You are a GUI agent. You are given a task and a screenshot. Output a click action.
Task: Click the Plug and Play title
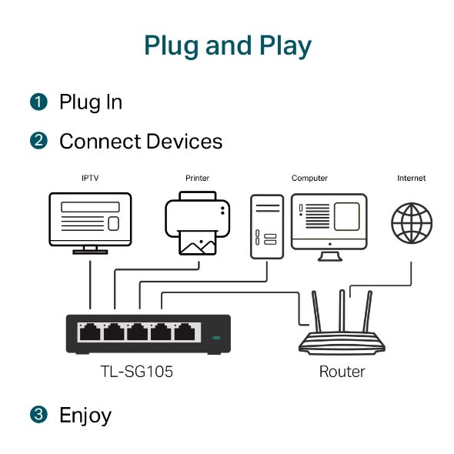pyautogui.click(x=227, y=45)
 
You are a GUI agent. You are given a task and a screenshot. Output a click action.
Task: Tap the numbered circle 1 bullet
pyautogui.click(x=38, y=102)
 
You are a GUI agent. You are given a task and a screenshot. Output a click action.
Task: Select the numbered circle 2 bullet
pyautogui.click(x=38, y=142)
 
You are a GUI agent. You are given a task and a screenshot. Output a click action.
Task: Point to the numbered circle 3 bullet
pyautogui.click(x=38, y=416)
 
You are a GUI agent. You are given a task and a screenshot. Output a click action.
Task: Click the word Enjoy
pyautogui.click(x=85, y=416)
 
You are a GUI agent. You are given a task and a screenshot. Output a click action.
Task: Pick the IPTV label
pyautogui.click(x=90, y=179)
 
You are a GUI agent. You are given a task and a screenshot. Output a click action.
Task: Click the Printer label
pyautogui.click(x=197, y=179)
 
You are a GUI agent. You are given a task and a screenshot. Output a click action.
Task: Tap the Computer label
pyautogui.click(x=309, y=179)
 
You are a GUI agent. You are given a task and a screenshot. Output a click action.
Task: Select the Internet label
pyautogui.click(x=411, y=179)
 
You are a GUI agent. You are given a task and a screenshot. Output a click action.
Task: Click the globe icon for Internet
pyautogui.click(x=411, y=222)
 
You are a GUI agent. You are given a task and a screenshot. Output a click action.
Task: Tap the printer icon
pyautogui.click(x=197, y=224)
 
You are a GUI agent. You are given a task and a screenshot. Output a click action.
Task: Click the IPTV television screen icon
pyautogui.click(x=90, y=219)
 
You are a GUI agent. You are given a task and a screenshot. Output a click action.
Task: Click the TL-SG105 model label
pyautogui.click(x=137, y=372)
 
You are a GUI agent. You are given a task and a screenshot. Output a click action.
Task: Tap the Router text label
pyautogui.click(x=342, y=372)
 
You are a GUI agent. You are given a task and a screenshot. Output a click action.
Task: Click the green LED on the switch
pyautogui.click(x=216, y=337)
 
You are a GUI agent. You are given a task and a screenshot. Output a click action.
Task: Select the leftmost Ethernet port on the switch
pyautogui.click(x=90, y=332)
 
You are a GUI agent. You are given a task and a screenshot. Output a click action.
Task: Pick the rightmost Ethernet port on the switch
pyautogui.click(x=184, y=332)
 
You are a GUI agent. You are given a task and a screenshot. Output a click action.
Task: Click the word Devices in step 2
pyautogui.click(x=185, y=142)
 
